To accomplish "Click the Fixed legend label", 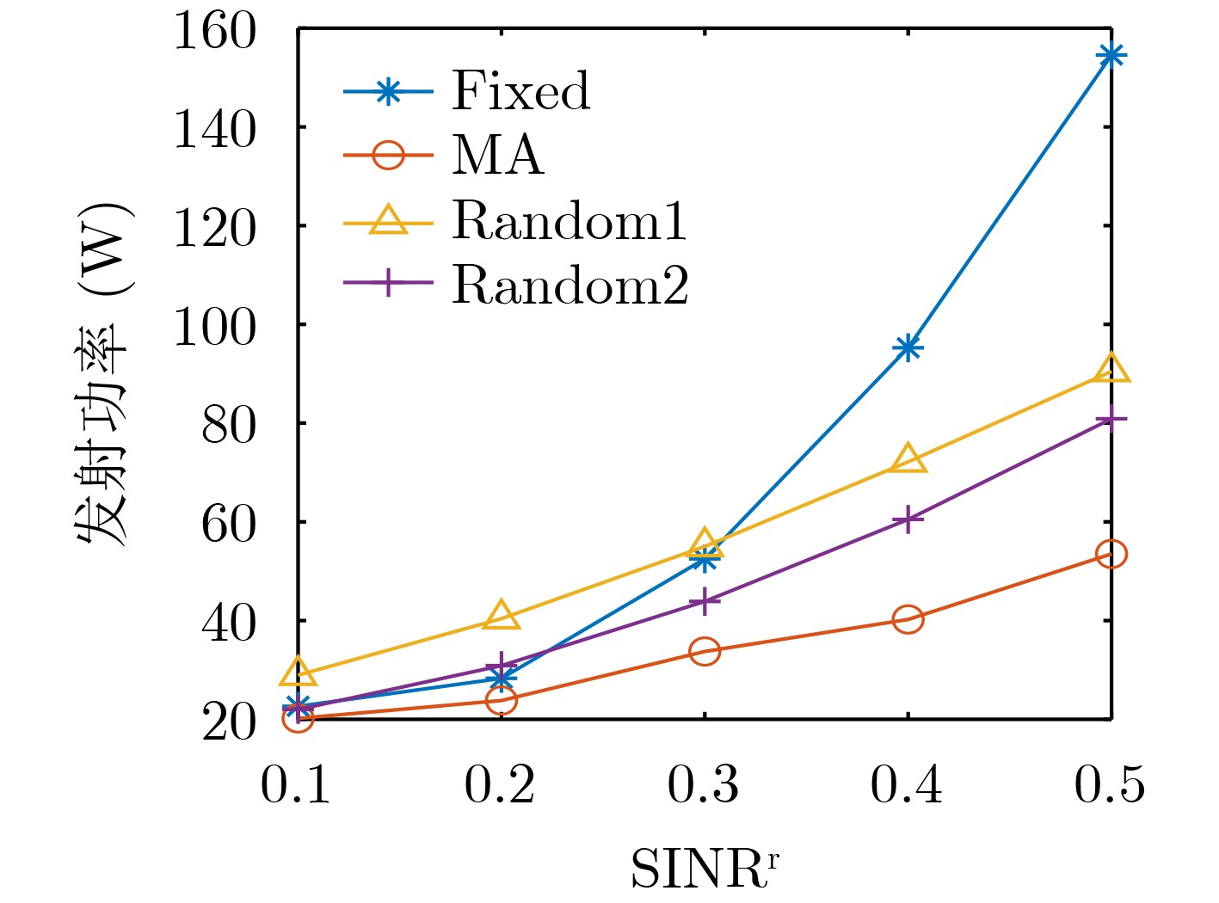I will point(520,91).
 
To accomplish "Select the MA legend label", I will point(498,156).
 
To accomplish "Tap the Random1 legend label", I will point(569,220).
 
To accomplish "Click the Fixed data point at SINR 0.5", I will point(1111,56).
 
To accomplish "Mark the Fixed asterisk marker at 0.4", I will point(908,348).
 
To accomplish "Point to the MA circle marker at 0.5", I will point(1111,554).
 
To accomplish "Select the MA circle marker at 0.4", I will point(908,619).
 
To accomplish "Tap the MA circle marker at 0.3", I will point(705,651).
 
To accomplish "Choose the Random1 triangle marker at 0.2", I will point(502,617).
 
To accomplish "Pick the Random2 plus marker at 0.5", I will point(1111,419).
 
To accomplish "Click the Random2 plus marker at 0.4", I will point(908,519).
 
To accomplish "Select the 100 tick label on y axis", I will point(215,327).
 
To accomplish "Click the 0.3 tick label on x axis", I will point(704,785).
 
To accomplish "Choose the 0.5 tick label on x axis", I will point(1110,785).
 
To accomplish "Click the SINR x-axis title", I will point(705,869).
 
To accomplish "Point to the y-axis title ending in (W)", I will point(102,374).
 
